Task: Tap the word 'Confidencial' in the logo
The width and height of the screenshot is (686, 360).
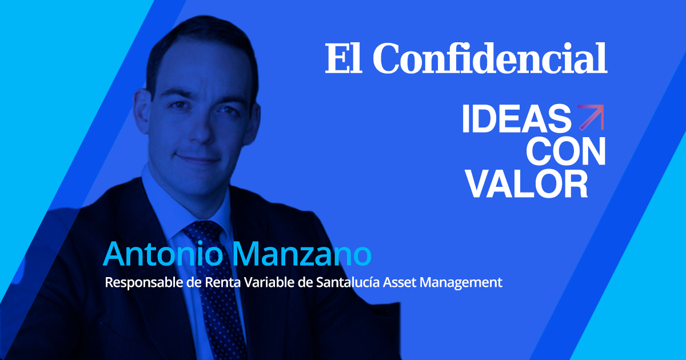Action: pyautogui.click(x=490, y=58)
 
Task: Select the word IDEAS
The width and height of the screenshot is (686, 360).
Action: pyautogui.click(x=517, y=118)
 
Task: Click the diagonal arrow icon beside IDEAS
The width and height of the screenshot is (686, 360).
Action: pyautogui.click(x=591, y=118)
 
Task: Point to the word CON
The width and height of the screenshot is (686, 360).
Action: pyautogui.click(x=565, y=151)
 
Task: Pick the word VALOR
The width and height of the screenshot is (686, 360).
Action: pyautogui.click(x=527, y=184)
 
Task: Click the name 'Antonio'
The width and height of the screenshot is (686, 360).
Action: pyautogui.click(x=163, y=254)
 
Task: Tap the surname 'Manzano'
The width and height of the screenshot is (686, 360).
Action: pyautogui.click(x=302, y=254)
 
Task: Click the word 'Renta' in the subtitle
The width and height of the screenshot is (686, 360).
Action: pyautogui.click(x=222, y=282)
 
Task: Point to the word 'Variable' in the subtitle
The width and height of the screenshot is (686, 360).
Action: pyautogui.click(x=269, y=282)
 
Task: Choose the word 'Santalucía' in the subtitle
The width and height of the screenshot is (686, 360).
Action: pyautogui.click(x=348, y=282)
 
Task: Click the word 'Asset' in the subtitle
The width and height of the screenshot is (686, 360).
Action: pyautogui.click(x=400, y=282)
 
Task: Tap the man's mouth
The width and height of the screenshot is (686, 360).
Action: pyautogui.click(x=198, y=159)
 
